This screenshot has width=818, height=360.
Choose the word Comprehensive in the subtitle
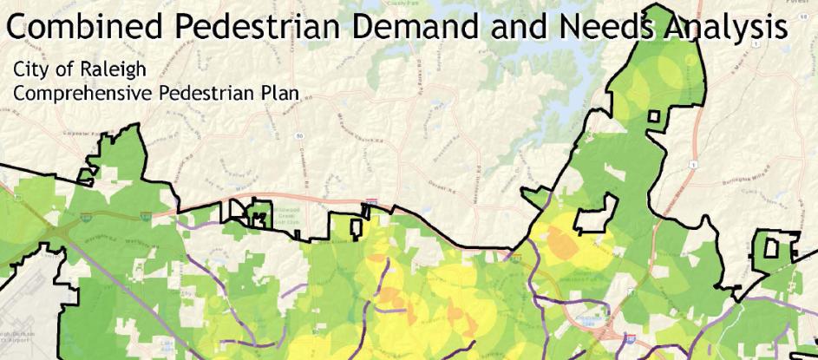click(79, 91)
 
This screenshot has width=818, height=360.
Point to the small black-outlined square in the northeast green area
click(657, 117)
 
